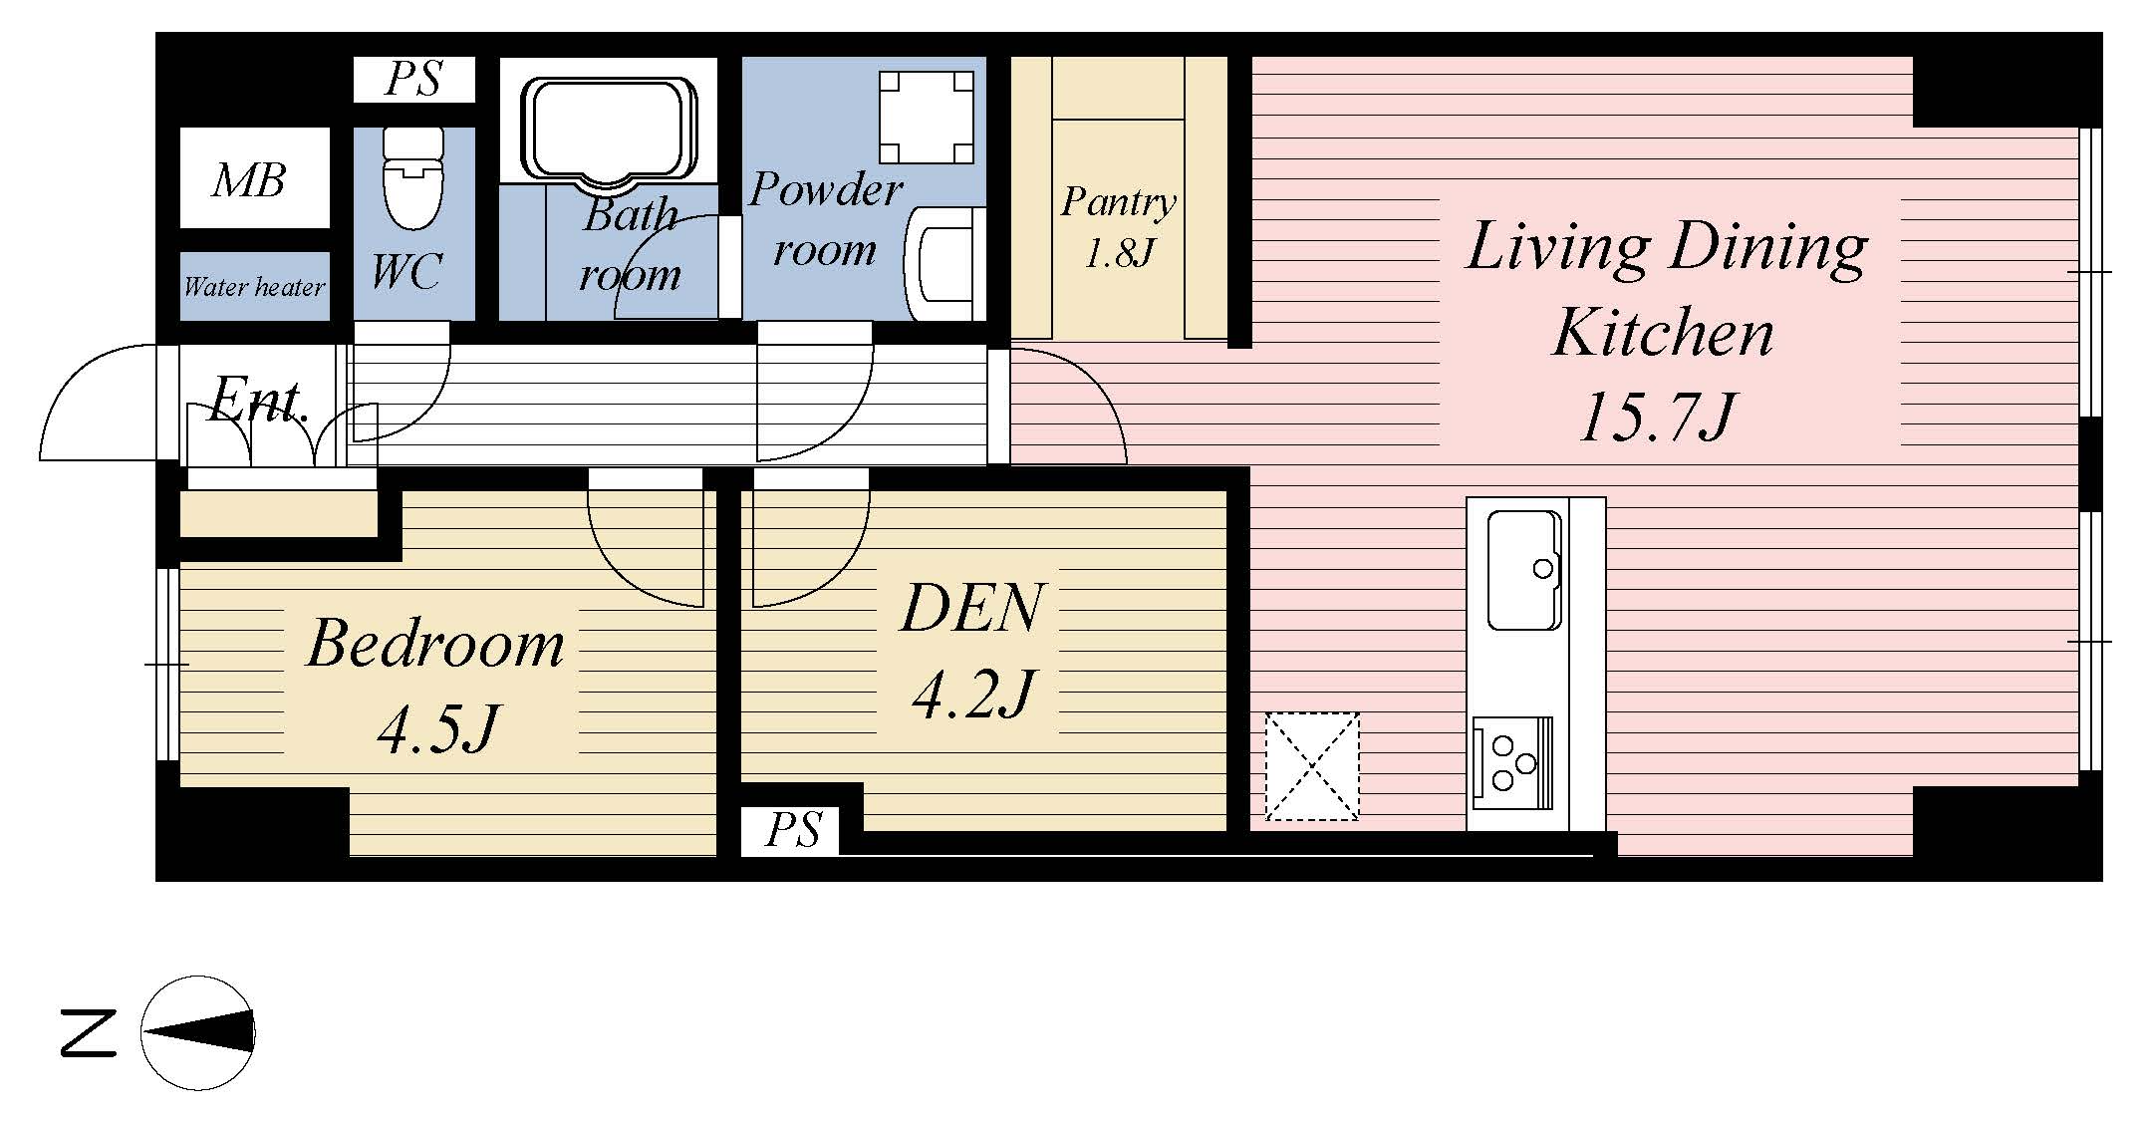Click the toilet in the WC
(413, 180)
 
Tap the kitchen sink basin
(1524, 570)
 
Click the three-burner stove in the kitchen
(1511, 762)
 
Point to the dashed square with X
(1312, 765)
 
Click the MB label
(249, 180)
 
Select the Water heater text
(254, 287)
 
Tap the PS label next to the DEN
(793, 830)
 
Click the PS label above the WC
(413, 79)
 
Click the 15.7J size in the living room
(1658, 417)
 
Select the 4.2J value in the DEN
(972, 694)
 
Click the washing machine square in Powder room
(927, 117)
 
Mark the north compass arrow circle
(198, 1033)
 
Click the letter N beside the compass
(89, 1032)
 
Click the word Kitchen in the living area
(1663, 333)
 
